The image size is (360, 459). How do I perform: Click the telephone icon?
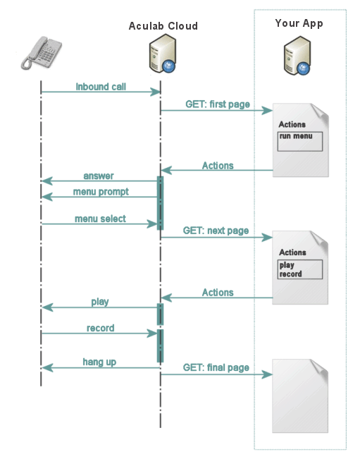41,52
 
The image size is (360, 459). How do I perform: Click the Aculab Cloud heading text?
163,26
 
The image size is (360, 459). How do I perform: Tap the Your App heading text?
299,23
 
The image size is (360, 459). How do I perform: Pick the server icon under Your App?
298,58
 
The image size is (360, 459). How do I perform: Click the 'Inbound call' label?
101,87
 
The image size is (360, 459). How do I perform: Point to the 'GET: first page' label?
217,104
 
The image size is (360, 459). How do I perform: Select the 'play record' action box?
300,269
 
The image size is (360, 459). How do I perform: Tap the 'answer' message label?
99,176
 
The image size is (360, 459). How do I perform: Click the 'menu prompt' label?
100,192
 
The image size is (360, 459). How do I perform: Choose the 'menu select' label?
100,219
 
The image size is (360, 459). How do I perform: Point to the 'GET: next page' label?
216,231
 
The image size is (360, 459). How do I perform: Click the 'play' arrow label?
100,302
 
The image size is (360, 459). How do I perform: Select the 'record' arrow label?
100,328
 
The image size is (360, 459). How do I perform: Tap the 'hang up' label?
99,362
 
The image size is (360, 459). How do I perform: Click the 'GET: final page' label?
216,367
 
